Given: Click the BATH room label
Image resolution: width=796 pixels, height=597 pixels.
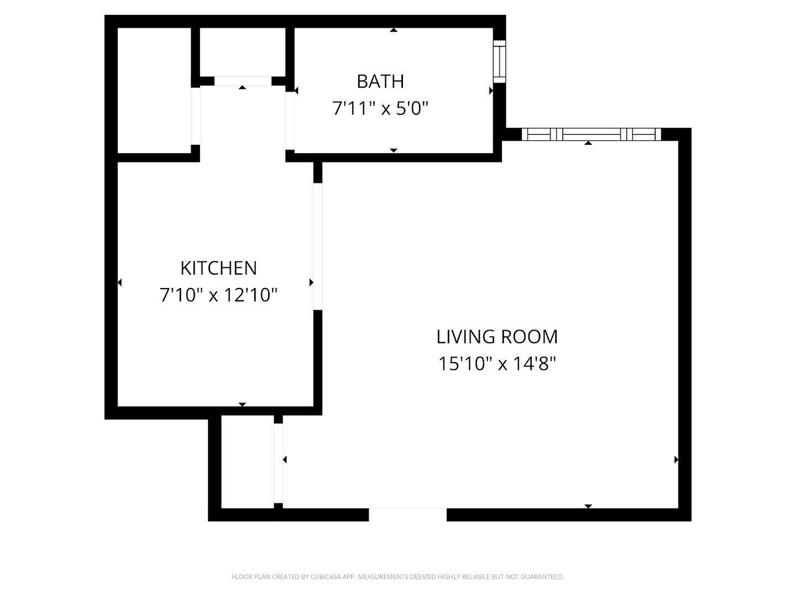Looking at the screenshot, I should tap(380, 81).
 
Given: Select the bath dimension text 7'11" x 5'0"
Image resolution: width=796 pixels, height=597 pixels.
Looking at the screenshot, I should tap(380, 108).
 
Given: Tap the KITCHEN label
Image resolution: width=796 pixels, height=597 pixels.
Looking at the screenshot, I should tap(218, 268).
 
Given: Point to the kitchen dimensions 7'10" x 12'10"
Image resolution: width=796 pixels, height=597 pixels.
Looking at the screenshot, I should tap(218, 295).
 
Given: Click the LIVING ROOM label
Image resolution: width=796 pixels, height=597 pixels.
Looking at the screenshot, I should tap(497, 337).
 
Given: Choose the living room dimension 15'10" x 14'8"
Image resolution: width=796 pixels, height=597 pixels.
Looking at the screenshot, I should tap(497, 364).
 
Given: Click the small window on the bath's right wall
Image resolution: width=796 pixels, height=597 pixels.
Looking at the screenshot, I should tap(499, 61).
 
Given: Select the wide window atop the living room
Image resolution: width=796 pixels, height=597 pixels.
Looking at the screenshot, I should tap(591, 134).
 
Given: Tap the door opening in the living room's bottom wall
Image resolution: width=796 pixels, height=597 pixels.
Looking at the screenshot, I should tap(407, 514).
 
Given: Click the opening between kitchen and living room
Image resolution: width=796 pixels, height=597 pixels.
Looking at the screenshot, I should tap(318, 246).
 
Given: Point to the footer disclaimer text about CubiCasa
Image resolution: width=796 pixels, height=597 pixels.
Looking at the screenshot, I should tap(397, 577).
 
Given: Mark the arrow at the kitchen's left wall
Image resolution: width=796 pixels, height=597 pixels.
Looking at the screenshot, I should tap(119, 282).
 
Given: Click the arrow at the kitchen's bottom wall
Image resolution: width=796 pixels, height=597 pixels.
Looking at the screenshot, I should tap(242, 405).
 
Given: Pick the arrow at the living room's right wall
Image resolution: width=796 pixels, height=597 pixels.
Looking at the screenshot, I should tap(676, 459).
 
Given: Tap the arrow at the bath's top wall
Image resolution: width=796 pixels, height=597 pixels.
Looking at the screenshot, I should tap(394, 30).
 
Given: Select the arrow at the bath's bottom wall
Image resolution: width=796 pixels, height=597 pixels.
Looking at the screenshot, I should tap(394, 150).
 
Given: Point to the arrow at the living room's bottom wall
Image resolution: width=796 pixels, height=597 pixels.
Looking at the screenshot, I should tap(588, 506).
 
